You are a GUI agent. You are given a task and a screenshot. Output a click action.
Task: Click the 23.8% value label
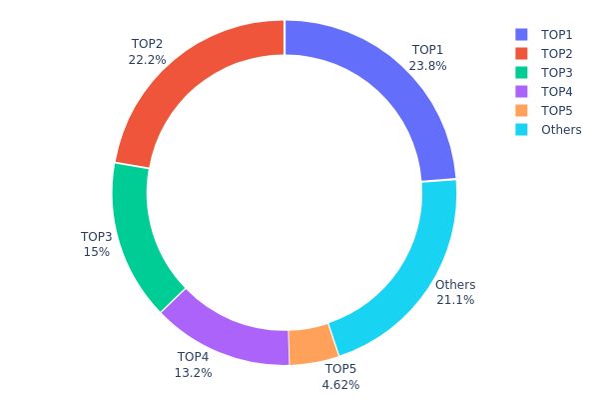point(427,66)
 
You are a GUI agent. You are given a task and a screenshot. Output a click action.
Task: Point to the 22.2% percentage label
point(147,60)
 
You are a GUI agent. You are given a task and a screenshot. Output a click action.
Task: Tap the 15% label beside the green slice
point(97,252)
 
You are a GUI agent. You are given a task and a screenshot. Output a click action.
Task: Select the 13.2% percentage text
point(194,373)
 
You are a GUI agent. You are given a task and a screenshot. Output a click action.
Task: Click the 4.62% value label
point(340,385)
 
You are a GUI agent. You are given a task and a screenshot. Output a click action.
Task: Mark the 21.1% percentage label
point(455,300)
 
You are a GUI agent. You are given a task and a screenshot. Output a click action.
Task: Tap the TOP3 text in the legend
point(557,72)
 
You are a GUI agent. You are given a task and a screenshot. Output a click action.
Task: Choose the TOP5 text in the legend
point(557,110)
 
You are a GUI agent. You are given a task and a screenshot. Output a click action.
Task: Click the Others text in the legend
point(560,129)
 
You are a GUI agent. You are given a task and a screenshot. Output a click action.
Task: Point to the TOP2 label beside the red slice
point(147,44)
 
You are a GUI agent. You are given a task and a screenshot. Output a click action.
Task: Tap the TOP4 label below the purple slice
point(194,357)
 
